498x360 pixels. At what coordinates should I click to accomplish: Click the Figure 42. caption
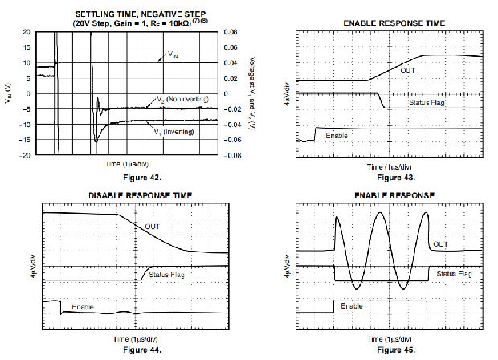pos(133,175)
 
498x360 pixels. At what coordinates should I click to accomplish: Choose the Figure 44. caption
pos(125,350)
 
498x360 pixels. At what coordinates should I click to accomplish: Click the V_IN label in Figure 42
pos(173,55)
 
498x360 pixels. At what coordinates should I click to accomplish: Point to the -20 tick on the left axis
pos(25,155)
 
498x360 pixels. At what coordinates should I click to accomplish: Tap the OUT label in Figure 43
pos(408,71)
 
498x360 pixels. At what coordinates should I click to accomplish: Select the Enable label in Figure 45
pos(351,306)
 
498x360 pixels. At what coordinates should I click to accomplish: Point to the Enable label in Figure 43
pos(337,135)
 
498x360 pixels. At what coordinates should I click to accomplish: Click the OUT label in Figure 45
pos(440,244)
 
